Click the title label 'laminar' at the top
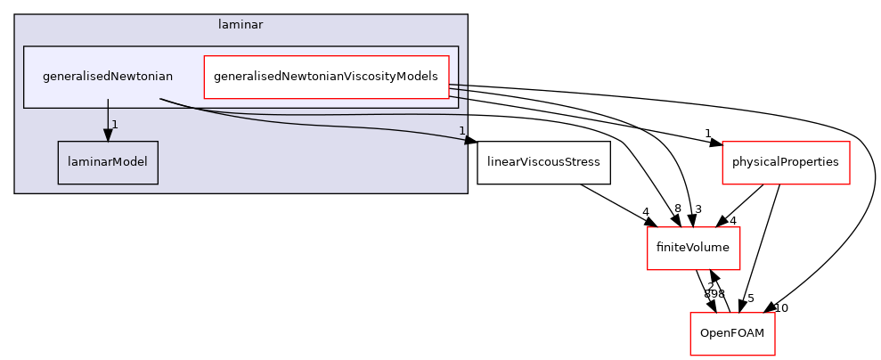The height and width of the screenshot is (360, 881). click(241, 25)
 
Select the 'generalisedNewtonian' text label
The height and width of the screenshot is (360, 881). click(108, 77)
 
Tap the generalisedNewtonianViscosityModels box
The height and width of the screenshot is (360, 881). click(326, 77)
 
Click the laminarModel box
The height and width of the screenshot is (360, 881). click(108, 163)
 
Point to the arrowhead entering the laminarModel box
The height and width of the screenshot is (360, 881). click(108, 135)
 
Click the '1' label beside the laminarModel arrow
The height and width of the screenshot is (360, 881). click(115, 124)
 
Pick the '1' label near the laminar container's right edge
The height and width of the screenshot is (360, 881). click(461, 131)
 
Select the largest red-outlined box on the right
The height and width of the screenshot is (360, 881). click(786, 163)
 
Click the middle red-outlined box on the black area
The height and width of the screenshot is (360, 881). click(693, 249)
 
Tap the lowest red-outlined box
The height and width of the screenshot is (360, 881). click(732, 333)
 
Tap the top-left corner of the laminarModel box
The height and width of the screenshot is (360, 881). click(59, 143)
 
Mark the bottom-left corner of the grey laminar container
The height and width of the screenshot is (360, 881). click(15, 192)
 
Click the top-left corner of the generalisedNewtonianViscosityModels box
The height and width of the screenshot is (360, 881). click(205, 55)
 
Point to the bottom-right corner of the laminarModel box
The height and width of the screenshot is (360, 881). click(157, 184)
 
